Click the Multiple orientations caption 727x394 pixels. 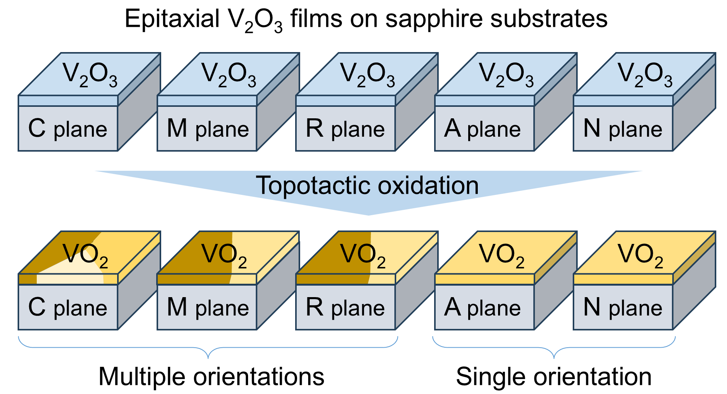click(x=211, y=376)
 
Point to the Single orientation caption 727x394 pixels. click(x=554, y=376)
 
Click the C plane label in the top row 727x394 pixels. click(x=68, y=129)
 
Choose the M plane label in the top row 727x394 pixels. click(x=208, y=129)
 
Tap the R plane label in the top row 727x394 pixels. click(x=345, y=129)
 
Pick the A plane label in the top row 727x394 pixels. click(x=482, y=129)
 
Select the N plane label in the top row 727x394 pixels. click(x=622, y=129)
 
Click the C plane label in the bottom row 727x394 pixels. click(x=68, y=307)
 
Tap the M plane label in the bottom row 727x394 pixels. click(x=208, y=307)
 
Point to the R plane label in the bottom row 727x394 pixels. click(x=345, y=307)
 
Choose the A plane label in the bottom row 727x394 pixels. click(x=482, y=307)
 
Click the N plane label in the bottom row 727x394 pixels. click(x=622, y=307)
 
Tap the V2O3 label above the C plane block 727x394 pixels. click(x=90, y=74)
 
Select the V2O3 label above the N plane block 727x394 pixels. click(x=645, y=74)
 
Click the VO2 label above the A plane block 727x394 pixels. click(x=502, y=255)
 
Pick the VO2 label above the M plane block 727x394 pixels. click(x=224, y=255)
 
